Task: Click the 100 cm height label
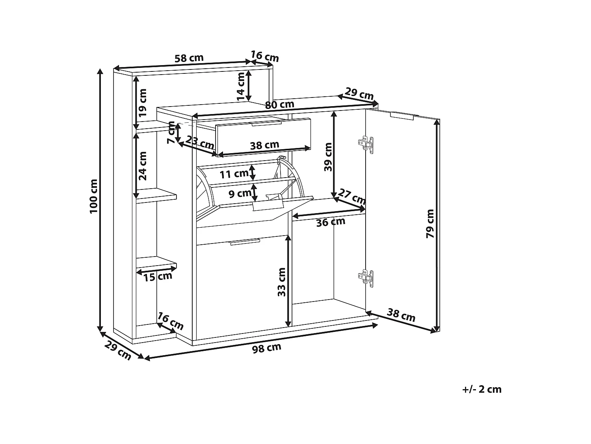coord(93,196)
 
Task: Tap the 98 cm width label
coord(267,348)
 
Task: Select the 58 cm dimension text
coord(189,58)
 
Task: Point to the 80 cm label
coord(279,105)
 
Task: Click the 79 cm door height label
coord(430,223)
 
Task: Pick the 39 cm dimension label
coord(328,157)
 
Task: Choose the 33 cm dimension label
coord(281,282)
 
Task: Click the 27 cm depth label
coord(352,197)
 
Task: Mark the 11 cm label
coord(234,174)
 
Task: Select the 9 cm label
coord(240,193)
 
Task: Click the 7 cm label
coord(171,132)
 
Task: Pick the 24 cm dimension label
coord(143,166)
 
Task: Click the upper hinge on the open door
coord(366,145)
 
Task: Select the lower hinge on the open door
coord(366,278)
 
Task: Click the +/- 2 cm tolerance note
coord(482,390)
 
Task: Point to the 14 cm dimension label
coord(241,86)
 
